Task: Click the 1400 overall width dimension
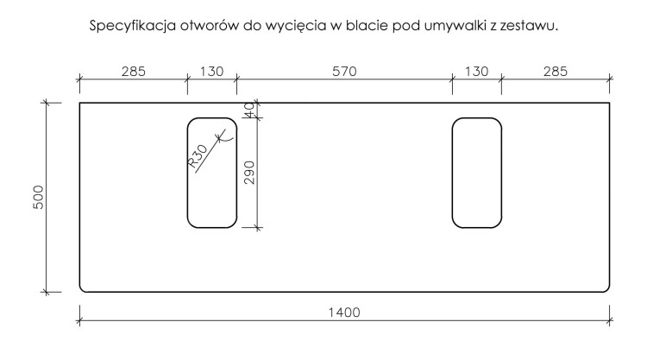[x=344, y=313]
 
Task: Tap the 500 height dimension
[x=38, y=198]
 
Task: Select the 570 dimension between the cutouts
[x=344, y=72]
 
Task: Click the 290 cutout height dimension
[x=249, y=173]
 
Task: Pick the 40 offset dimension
[x=249, y=111]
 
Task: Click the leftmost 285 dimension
[x=133, y=72]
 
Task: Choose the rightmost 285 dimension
[x=555, y=72]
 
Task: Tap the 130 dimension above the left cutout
[x=211, y=72]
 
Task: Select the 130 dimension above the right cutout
[x=476, y=72]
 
